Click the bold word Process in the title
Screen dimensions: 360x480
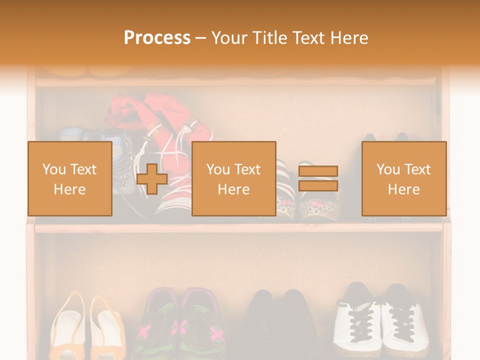click(157, 37)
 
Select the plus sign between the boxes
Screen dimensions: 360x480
click(152, 179)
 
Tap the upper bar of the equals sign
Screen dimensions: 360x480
click(318, 171)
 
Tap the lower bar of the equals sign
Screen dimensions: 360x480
click(318, 185)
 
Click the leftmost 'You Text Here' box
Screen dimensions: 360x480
click(70, 179)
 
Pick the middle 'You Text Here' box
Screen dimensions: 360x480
click(234, 179)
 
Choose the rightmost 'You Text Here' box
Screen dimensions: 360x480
click(404, 179)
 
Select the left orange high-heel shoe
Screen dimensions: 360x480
click(67, 325)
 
